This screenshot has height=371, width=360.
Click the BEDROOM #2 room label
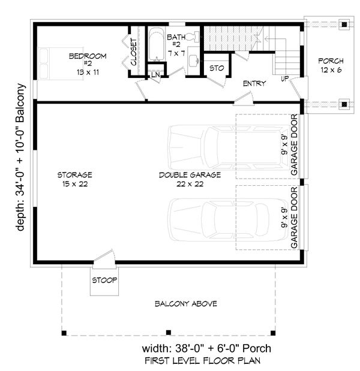[x=88, y=64]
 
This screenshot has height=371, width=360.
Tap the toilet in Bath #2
[x=193, y=37]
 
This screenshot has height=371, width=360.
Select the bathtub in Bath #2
[x=157, y=44]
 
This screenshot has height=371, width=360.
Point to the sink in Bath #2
[x=194, y=60]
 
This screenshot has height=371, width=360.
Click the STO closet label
[x=217, y=68]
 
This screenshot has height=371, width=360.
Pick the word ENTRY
[x=254, y=83]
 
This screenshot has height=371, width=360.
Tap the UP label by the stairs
[x=284, y=79]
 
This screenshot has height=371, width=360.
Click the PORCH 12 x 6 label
[x=331, y=65]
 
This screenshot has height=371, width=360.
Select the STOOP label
[x=104, y=280]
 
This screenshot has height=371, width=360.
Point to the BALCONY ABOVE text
[x=186, y=303]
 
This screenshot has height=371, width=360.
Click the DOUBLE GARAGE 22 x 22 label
[x=190, y=179]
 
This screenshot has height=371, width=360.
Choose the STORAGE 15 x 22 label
[x=75, y=179]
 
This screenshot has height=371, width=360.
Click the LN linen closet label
[x=155, y=75]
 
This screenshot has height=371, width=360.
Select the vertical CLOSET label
[x=134, y=52]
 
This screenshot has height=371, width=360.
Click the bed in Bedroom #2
[x=61, y=64]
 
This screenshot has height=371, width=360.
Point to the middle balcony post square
[x=169, y=333]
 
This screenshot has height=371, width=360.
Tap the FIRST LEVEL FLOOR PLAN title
[x=203, y=361]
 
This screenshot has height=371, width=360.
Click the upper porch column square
[x=344, y=24]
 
